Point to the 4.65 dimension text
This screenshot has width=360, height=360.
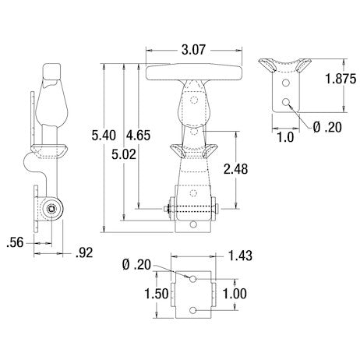pyautogui.click(x=140, y=136)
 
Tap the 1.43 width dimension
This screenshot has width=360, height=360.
pyautogui.click(x=239, y=256)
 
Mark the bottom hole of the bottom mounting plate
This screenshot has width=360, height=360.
pyautogui.click(x=192, y=312)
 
